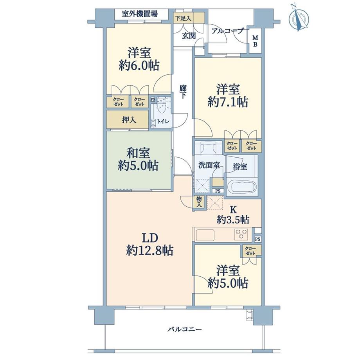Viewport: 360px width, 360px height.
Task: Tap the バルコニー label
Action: coord(184,329)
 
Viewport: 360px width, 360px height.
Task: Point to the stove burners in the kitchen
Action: coord(241,234)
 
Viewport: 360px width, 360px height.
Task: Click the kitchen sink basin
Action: coord(205,235)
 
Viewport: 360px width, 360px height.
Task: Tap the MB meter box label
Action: coord(255,41)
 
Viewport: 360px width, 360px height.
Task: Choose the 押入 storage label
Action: coord(129,120)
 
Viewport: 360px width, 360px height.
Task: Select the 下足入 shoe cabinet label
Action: coord(183,18)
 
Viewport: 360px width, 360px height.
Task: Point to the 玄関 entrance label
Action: coord(189,36)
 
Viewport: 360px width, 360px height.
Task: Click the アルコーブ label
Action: coord(227,31)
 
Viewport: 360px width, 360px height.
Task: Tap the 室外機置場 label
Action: coord(140,14)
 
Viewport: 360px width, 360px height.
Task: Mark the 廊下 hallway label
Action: coord(183,92)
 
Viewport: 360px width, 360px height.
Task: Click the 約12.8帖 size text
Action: coord(150,250)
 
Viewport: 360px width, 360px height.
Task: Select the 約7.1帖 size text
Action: coord(228,102)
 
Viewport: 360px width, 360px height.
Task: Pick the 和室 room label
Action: coord(138,153)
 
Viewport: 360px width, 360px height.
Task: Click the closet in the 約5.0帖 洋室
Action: coord(251,251)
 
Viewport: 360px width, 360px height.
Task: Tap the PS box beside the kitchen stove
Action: coord(257,239)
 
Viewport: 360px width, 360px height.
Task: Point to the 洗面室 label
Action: coord(209,165)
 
